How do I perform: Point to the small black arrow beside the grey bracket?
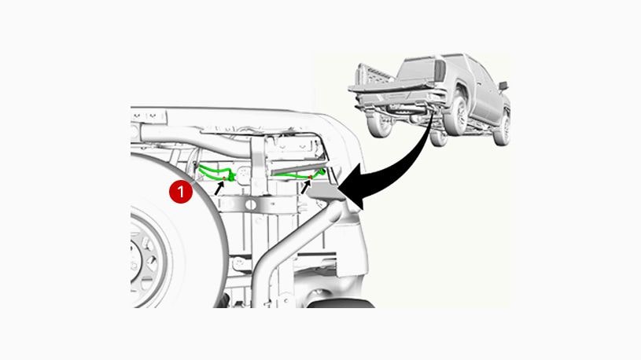pyautogui.click(x=306, y=186)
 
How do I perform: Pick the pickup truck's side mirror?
pyautogui.click(x=503, y=85)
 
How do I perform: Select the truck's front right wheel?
pyautogui.click(x=502, y=126)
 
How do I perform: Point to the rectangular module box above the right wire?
pyautogui.click(x=294, y=148)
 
